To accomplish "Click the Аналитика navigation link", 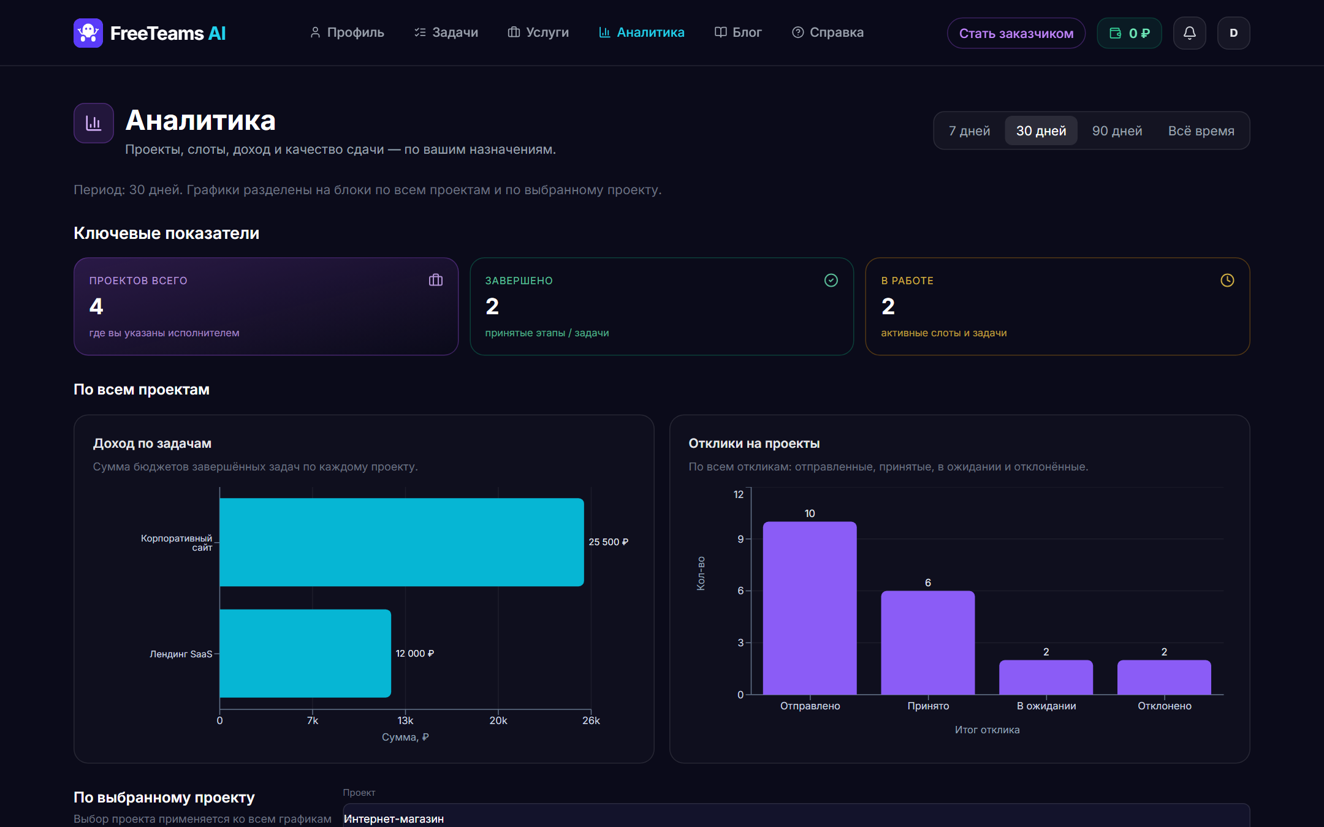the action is point(641,32).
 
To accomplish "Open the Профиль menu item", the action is point(347,32).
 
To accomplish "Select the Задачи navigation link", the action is point(446,32).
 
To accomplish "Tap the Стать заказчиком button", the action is point(1016,33).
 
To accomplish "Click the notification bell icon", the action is point(1189,33).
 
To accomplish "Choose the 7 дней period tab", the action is point(969,130).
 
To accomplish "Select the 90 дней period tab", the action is point(1117,130).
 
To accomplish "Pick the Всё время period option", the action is point(1201,130).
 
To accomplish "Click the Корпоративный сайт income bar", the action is point(401,542).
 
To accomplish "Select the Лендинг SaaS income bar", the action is point(305,653).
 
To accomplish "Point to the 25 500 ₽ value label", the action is point(608,542).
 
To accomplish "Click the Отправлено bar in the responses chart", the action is point(810,608).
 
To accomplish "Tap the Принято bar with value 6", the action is point(928,643).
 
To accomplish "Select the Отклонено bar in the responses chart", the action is point(1164,677).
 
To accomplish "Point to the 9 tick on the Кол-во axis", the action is point(740,539).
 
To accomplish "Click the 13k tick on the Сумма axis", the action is point(405,720).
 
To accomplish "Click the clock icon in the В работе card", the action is point(1227,280).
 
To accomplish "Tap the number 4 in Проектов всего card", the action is point(96,306).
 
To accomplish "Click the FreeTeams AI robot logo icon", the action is point(88,33).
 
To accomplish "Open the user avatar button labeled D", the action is point(1233,33).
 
